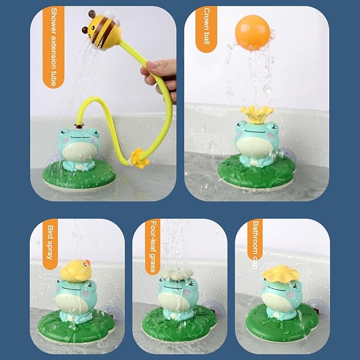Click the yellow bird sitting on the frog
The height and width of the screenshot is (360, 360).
click(76, 270)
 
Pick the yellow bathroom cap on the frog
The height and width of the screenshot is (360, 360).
click(280, 273)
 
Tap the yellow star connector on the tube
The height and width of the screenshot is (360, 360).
click(139, 157)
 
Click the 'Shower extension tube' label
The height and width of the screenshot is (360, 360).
click(54, 47)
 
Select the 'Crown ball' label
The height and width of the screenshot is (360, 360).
click(206, 29)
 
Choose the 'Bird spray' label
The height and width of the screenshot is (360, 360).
click(50, 244)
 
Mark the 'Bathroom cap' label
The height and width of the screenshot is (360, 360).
click(255, 244)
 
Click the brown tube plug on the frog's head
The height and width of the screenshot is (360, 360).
click(79, 125)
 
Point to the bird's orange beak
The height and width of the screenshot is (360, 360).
click(87, 262)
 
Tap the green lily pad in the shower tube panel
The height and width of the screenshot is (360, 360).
click(79, 176)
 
